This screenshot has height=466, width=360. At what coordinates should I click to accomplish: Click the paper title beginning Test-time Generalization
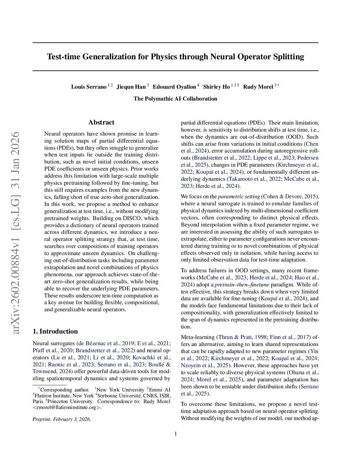coord(175,57)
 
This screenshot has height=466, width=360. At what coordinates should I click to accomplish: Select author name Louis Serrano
coord(89,87)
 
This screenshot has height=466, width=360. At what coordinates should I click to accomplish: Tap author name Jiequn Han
coord(131,87)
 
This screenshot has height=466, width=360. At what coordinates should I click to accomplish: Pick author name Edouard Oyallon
coord(174,87)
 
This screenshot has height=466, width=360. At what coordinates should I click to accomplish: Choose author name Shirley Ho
coord(216,87)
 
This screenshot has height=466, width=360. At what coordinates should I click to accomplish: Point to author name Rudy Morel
coord(258,87)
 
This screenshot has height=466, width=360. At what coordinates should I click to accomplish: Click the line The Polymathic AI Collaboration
coord(175,99)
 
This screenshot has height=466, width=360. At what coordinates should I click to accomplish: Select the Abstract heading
coord(101,122)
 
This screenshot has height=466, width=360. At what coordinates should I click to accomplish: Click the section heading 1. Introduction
coord(55,331)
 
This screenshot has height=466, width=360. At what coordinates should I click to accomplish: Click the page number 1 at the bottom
coord(175,434)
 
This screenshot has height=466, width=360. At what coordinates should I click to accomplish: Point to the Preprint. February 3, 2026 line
coord(62,419)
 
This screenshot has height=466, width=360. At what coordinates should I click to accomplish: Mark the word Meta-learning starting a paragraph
coord(198,337)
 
